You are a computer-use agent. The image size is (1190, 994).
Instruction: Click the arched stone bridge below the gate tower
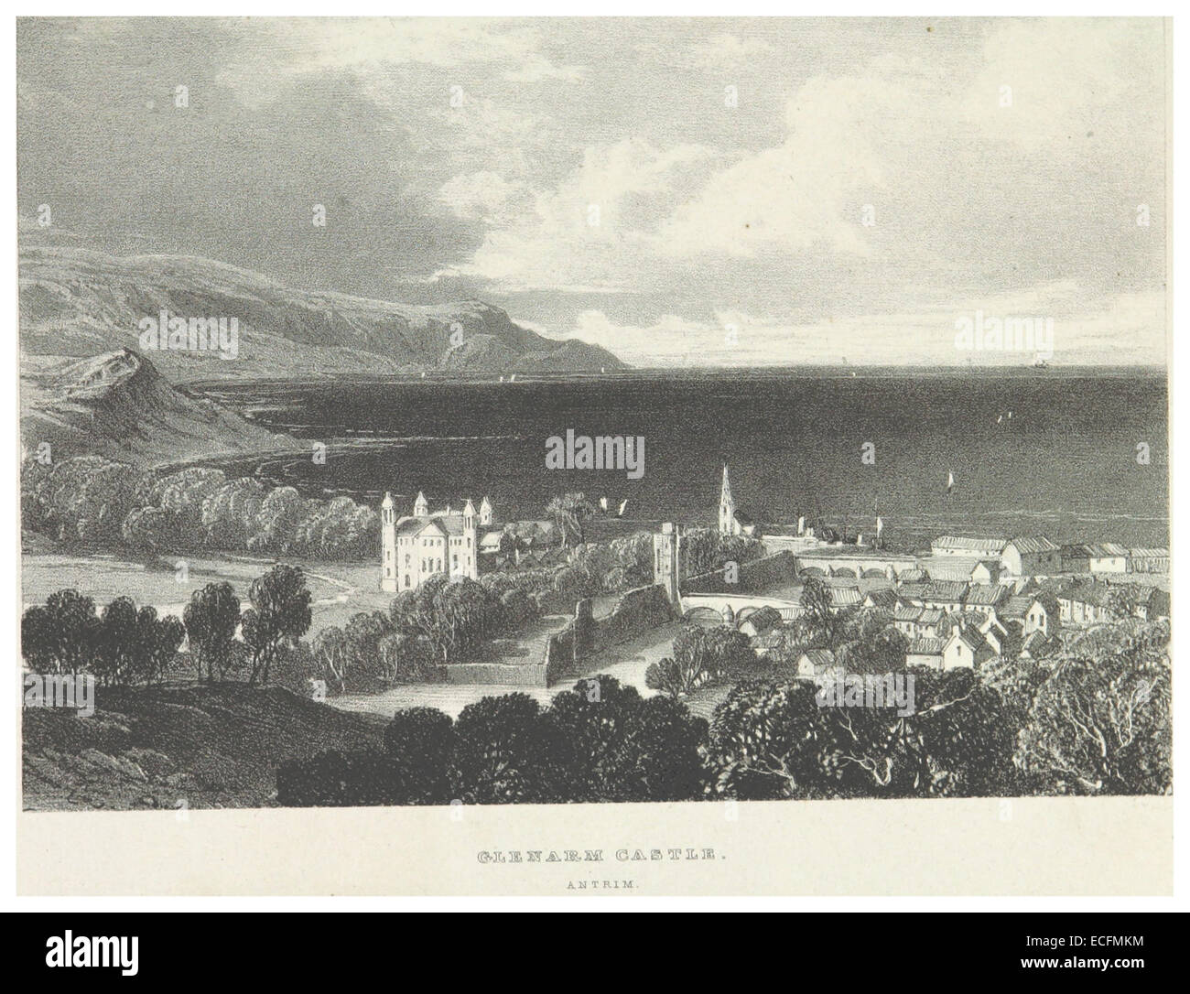(723, 609)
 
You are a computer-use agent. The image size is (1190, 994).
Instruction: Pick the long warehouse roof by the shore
(970, 546)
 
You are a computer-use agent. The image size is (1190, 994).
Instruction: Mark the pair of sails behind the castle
(611, 507)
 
